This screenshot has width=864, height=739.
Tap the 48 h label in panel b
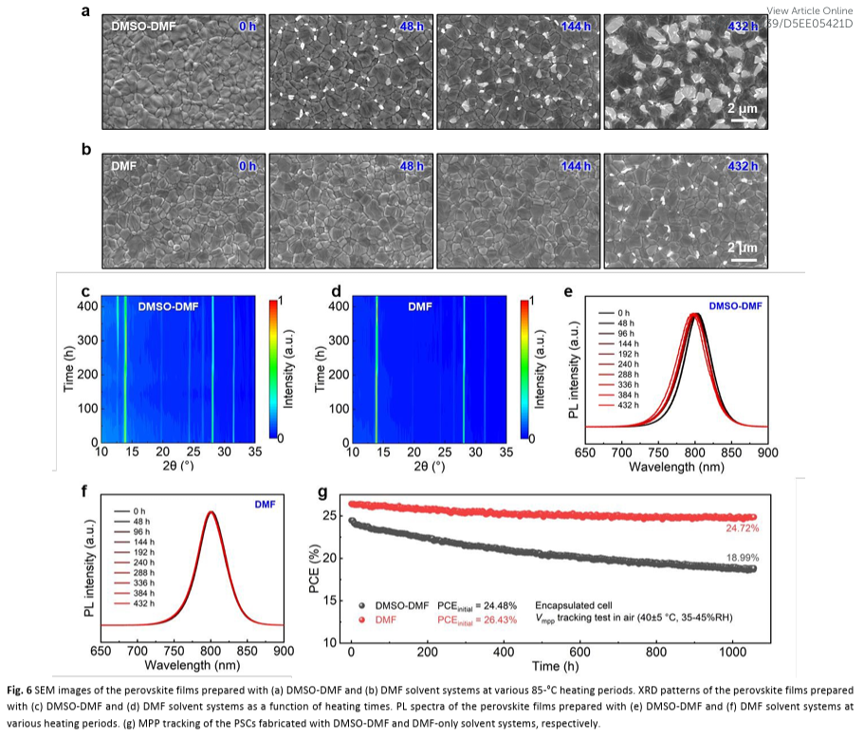[x=412, y=167]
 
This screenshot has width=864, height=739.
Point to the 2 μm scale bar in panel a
[x=743, y=115]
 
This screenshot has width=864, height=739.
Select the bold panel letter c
[x=85, y=289]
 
